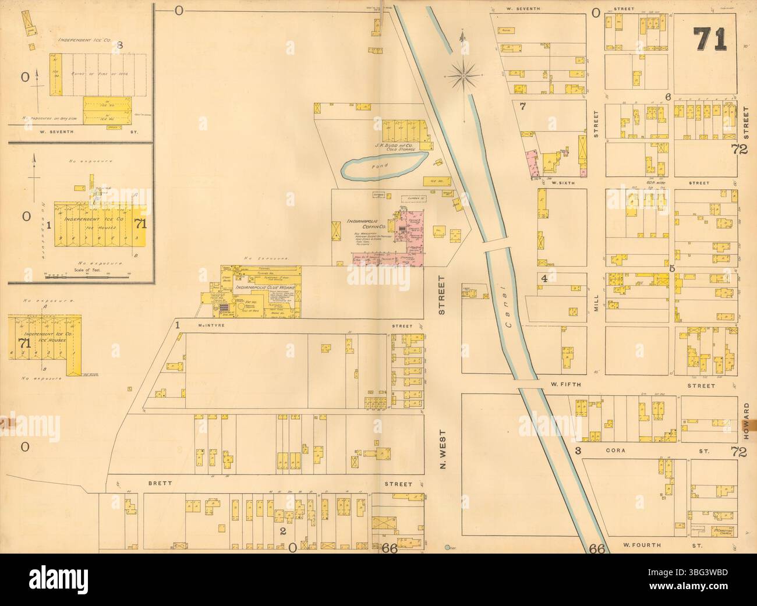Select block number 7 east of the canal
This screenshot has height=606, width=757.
tap(523, 106)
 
